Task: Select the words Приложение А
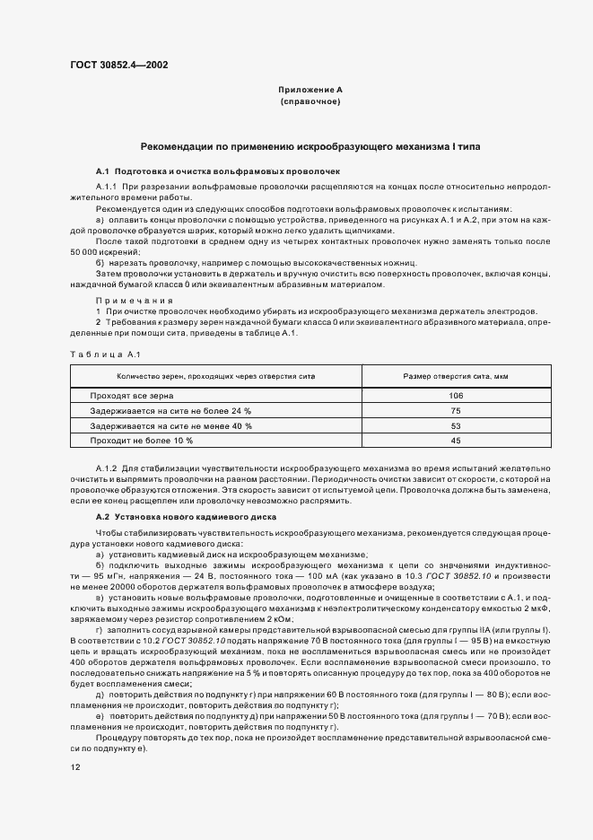pyautogui.click(x=310, y=91)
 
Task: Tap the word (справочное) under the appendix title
pyautogui.click(x=310, y=102)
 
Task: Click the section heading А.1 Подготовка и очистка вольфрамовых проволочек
pyautogui.click(x=217, y=171)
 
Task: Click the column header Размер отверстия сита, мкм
pyautogui.click(x=456, y=376)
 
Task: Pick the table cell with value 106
pyautogui.click(x=456, y=396)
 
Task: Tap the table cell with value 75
pyautogui.click(x=456, y=410)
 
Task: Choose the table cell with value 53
pyautogui.click(x=456, y=425)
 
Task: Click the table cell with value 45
pyautogui.click(x=456, y=441)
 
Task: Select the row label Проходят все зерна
pyautogui.click(x=132, y=396)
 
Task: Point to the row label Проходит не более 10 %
pyautogui.click(x=142, y=441)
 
